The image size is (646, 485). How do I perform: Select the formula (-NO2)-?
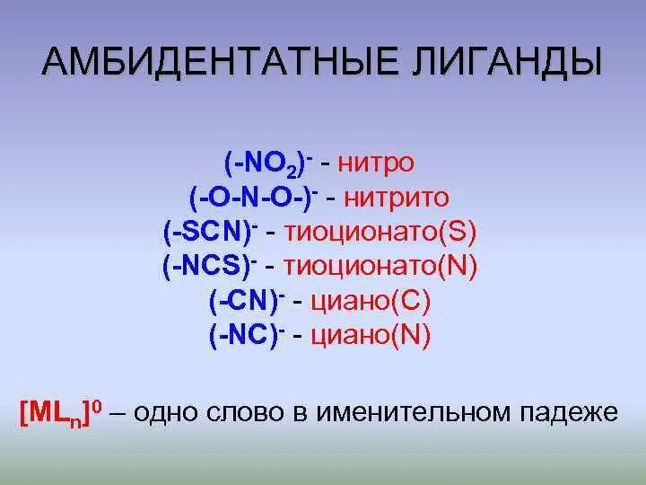tap(268, 163)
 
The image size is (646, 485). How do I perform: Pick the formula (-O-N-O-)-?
tap(256, 197)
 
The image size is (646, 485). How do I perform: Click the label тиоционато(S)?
tap(380, 232)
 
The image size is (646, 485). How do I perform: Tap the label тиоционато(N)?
tap(380, 266)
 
